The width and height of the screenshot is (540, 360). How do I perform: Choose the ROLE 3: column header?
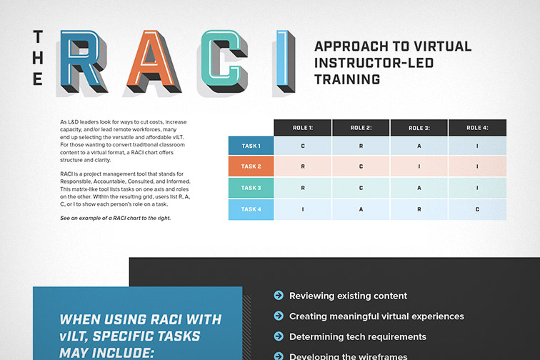pos(419,128)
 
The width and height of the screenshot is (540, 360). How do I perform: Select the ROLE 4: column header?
pos(476,128)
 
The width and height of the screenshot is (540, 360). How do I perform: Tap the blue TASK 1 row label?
pos(251,146)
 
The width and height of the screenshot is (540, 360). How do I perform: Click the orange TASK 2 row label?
pos(251,166)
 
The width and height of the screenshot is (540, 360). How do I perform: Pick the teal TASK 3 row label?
pos(251,188)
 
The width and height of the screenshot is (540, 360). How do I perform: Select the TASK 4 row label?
pos(251,209)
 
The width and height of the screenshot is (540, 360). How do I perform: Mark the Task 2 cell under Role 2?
pos(361,166)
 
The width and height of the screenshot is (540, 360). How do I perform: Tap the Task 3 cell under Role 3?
pos(419,188)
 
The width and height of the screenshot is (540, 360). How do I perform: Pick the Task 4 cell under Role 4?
pos(476,209)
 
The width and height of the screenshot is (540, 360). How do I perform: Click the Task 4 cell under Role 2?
pos(361,209)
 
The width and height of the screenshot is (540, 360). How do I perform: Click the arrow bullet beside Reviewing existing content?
pos(278,296)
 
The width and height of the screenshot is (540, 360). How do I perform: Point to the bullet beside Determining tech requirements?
pos(278,336)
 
